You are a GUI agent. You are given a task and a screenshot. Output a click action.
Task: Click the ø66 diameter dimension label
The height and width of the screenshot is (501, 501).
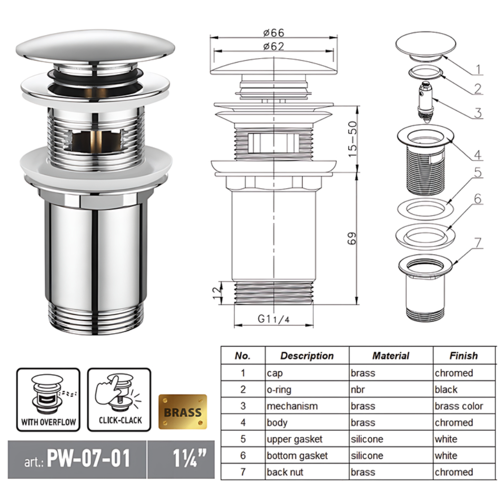click(274, 33)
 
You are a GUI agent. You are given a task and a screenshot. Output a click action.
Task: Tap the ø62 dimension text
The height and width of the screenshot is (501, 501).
click(274, 47)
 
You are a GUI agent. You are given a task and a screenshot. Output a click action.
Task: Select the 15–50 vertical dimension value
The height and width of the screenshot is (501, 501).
click(352, 139)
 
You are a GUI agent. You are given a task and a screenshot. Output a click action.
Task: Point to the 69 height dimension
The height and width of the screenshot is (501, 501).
click(352, 238)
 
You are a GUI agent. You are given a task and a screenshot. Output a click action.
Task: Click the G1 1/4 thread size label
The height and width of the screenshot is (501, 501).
click(274, 319)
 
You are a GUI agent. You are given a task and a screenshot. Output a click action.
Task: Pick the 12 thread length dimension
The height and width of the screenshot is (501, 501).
click(217, 293)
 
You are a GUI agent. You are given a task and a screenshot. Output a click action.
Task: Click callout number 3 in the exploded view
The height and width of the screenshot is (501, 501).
click(477, 113)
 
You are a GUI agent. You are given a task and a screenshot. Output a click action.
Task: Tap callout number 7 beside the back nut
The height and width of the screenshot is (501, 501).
click(477, 243)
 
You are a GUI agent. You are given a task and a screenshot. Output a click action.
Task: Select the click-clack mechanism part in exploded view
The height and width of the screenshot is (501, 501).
click(425, 102)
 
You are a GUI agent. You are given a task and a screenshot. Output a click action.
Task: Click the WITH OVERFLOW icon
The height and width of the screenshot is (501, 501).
click(48, 399)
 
